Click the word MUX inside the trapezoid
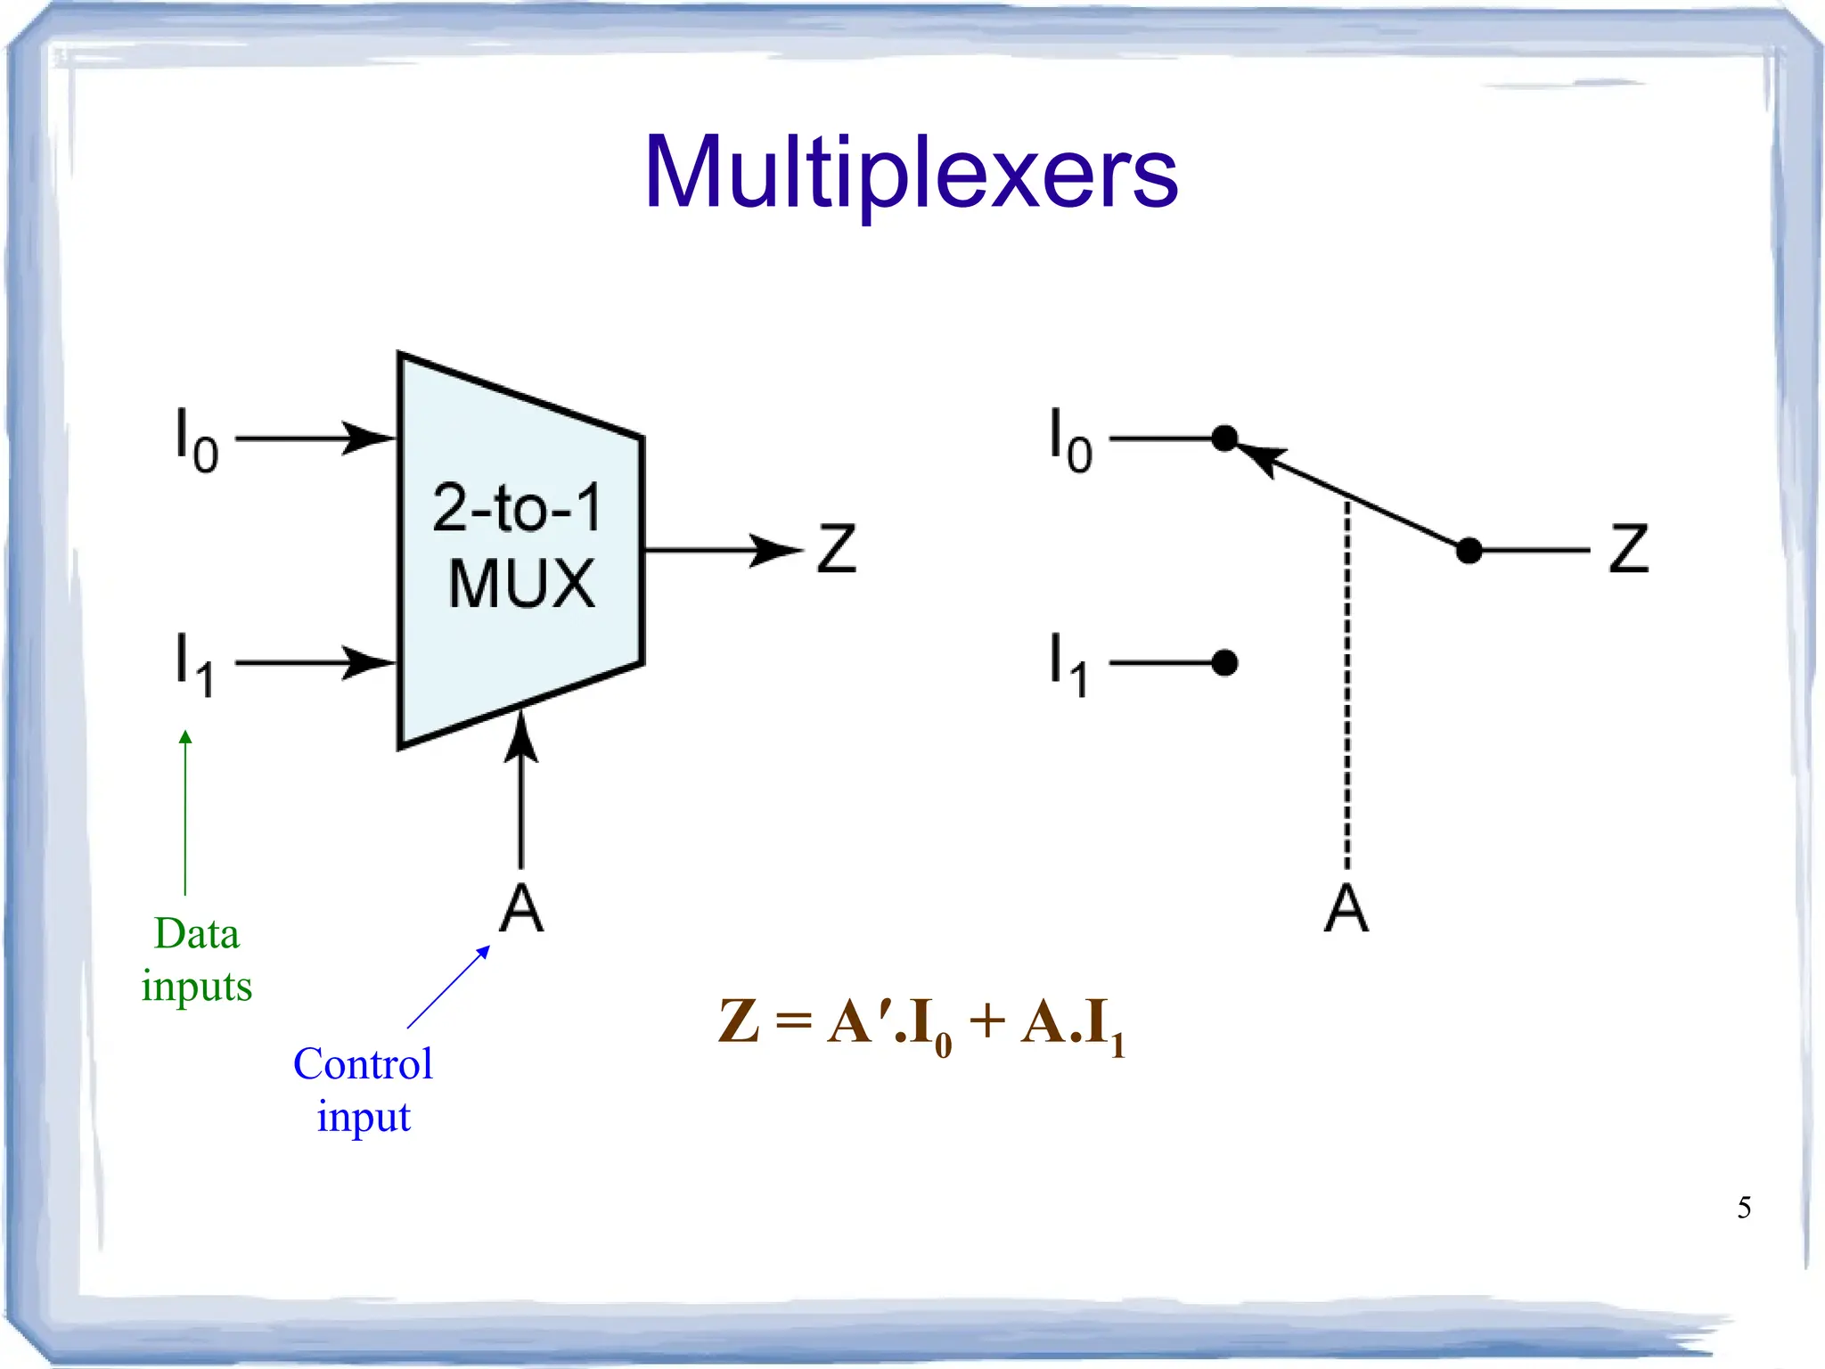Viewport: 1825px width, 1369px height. [x=521, y=584]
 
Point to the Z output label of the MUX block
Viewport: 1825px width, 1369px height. [x=836, y=549]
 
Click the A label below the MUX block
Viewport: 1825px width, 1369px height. [x=521, y=909]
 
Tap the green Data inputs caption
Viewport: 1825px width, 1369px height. [x=197, y=960]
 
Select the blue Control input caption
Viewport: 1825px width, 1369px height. [x=364, y=1089]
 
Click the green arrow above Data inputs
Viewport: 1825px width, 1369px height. [x=185, y=811]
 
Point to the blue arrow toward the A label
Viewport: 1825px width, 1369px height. [x=448, y=988]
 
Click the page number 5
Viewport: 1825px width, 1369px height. [x=1744, y=1208]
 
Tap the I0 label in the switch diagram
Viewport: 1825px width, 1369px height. [x=1069, y=439]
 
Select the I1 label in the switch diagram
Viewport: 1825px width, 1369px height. [x=1068, y=664]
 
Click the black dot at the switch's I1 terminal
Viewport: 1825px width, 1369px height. [x=1225, y=663]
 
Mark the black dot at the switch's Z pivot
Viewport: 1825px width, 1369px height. [x=1469, y=551]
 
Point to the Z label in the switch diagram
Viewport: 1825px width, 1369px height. [x=1628, y=549]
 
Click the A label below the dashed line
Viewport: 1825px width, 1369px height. [x=1346, y=909]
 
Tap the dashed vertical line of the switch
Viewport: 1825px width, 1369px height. [x=1347, y=686]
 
